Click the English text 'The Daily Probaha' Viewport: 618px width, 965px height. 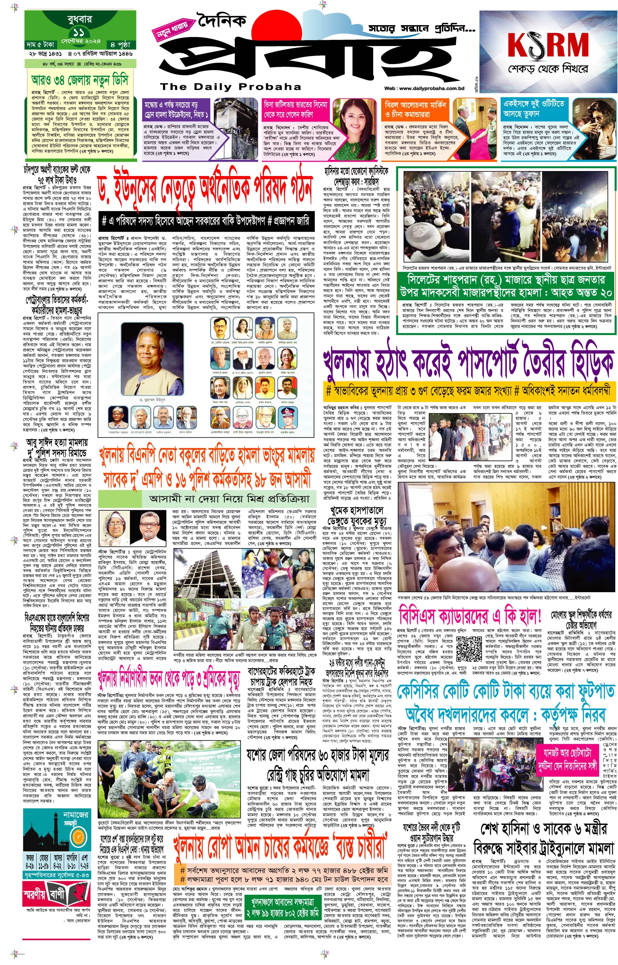230,87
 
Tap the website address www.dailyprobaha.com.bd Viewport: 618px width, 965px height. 424,88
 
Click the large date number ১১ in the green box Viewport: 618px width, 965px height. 79,32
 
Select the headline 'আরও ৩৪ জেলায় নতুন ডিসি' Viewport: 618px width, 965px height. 80,80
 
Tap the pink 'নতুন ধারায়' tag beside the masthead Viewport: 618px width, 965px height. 172,29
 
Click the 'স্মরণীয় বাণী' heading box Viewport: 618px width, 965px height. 56,894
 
